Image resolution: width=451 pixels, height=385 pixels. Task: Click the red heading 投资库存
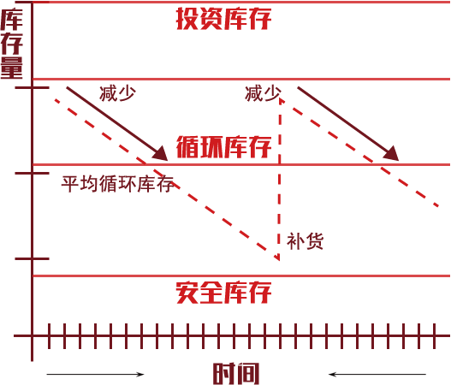223,19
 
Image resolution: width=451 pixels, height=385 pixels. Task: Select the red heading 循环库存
223,146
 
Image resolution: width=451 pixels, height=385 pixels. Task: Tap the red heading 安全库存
223,293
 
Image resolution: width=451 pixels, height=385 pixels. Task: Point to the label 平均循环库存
118,184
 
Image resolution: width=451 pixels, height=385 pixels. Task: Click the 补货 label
306,241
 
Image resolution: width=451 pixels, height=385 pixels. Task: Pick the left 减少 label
117,93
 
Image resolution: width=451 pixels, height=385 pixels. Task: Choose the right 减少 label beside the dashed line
264,93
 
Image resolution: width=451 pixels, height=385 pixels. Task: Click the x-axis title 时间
236,374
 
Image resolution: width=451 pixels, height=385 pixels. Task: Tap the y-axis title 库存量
11,43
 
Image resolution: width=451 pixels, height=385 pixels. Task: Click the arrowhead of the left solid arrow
162,154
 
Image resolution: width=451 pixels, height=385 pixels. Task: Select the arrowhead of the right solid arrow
393,154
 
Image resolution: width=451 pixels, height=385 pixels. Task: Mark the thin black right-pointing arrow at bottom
95,374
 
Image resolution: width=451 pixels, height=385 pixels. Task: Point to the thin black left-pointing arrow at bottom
377,374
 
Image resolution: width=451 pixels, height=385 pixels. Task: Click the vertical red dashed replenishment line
280,179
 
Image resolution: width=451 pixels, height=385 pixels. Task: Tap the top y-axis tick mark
33,87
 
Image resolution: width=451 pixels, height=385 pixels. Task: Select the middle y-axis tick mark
33,173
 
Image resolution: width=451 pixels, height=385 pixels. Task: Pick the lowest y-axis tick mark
33,258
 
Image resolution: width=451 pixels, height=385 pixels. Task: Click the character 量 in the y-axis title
11,68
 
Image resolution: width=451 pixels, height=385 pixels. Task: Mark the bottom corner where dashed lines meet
279,260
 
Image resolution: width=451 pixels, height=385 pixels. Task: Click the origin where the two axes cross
33,336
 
